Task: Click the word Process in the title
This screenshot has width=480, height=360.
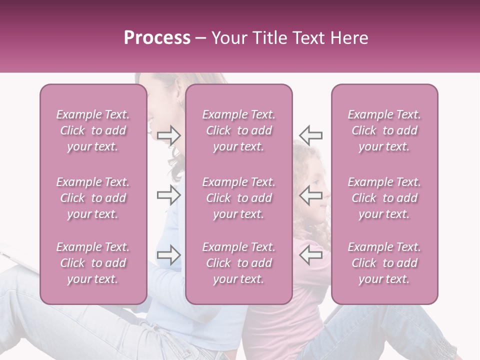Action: [x=157, y=38]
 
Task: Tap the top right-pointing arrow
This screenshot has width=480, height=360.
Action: [x=169, y=135]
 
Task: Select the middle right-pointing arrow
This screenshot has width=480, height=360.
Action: [x=169, y=194]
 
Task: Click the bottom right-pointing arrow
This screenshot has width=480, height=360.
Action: [x=169, y=255]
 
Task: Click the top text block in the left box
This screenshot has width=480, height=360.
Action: [x=93, y=130]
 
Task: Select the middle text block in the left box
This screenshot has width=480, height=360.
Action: [x=93, y=198]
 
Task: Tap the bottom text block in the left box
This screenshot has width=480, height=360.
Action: [x=93, y=263]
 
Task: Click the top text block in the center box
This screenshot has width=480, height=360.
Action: [x=239, y=130]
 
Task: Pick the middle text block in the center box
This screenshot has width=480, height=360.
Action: [x=239, y=198]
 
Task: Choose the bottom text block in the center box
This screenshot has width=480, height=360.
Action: [x=239, y=263]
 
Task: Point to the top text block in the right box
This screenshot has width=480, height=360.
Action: [x=384, y=130]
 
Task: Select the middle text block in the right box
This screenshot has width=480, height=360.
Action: [x=384, y=198]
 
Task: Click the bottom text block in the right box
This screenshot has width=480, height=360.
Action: [x=384, y=263]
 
